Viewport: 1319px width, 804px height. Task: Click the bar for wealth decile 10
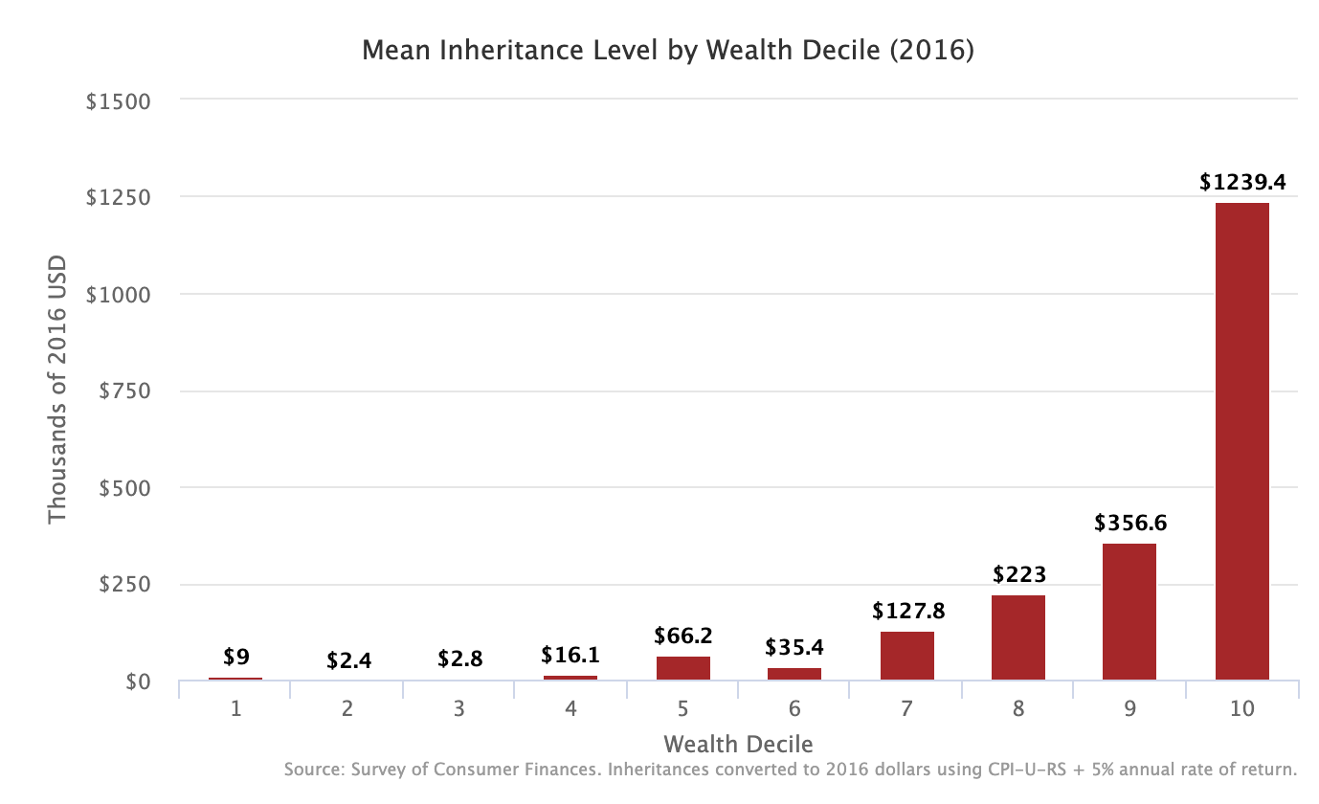(x=1241, y=441)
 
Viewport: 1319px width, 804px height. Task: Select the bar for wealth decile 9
(x=1129, y=612)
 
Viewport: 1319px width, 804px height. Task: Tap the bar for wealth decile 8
(x=1017, y=637)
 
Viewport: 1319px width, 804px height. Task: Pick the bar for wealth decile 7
(x=906, y=656)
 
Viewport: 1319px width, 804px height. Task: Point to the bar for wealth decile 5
(x=682, y=668)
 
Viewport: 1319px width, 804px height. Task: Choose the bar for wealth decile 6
(x=794, y=674)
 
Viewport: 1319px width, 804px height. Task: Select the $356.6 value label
(x=1130, y=524)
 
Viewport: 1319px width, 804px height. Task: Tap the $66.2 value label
(x=683, y=636)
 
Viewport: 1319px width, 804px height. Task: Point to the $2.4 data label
(x=347, y=659)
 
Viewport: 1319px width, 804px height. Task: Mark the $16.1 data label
(x=570, y=655)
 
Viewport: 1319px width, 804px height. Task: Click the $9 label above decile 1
(x=235, y=657)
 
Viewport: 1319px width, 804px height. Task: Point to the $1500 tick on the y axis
(x=119, y=100)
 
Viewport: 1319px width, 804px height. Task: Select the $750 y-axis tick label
(x=123, y=391)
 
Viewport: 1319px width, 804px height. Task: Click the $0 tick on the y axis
(x=138, y=681)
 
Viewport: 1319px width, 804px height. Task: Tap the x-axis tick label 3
(x=459, y=709)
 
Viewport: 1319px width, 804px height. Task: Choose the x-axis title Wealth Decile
(x=738, y=744)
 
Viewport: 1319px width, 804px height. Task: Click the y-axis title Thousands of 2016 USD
(x=58, y=390)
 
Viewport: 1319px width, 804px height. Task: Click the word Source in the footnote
(x=311, y=770)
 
